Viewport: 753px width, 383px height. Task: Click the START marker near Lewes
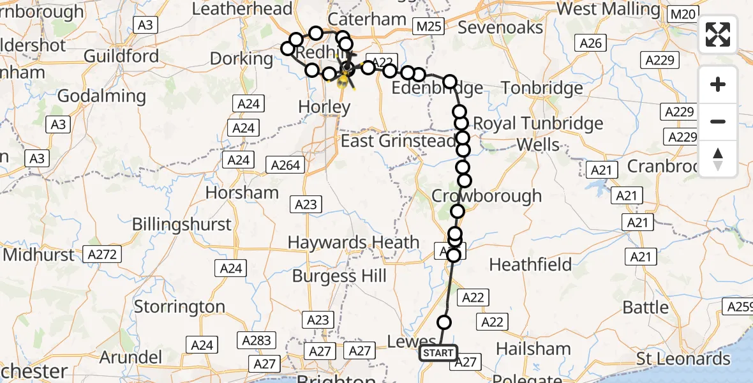(438, 352)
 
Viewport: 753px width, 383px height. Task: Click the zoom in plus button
(718, 84)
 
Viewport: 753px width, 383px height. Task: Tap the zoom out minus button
(718, 121)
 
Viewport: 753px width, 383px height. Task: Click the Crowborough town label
(487, 195)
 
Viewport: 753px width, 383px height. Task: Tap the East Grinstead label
(398, 140)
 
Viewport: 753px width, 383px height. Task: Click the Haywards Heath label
(354, 243)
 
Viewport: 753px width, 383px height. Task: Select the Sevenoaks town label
(500, 27)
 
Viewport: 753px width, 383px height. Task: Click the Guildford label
(121, 56)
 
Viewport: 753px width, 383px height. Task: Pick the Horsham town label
(242, 192)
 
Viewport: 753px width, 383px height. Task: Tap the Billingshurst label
(182, 224)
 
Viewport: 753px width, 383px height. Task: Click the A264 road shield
(285, 165)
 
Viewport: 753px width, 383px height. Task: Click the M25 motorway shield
(428, 26)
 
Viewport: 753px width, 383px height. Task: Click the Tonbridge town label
(542, 87)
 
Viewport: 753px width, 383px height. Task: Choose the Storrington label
(179, 306)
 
